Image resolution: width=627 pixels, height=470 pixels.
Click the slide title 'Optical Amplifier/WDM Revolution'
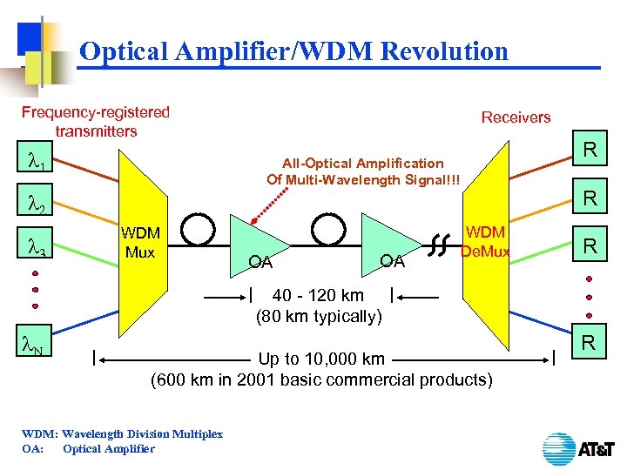[293, 51]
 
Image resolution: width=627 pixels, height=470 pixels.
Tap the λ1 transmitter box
[37, 162]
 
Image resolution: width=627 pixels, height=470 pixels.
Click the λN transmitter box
[37, 348]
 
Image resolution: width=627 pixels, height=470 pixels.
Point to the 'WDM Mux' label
[139, 243]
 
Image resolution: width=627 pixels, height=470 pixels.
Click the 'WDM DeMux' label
[485, 243]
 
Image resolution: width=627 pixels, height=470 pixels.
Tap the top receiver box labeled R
[589, 151]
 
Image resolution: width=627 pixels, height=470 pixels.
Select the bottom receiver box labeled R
[589, 343]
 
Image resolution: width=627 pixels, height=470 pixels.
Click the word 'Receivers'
[516, 117]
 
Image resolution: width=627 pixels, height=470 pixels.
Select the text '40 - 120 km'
[318, 295]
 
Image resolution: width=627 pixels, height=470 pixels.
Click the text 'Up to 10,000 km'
[321, 359]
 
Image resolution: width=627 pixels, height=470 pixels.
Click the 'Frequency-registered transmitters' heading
[96, 122]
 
